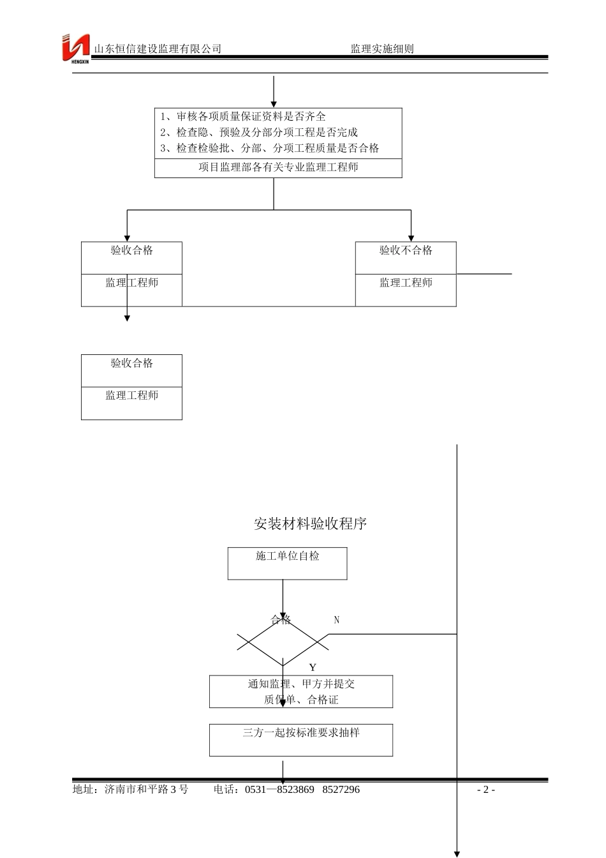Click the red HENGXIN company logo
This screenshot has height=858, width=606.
point(75,48)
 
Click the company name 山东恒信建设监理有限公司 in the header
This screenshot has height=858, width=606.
point(158,49)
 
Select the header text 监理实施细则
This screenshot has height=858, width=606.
point(382,49)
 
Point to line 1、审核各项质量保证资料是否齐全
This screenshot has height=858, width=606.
point(243,116)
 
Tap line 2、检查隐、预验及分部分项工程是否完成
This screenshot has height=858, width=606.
point(259,132)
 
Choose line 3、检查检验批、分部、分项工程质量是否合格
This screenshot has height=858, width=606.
point(269,148)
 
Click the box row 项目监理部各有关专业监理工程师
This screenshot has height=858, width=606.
point(278,167)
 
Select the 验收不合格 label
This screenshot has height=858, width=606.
point(406,250)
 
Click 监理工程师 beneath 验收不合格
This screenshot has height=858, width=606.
point(406,283)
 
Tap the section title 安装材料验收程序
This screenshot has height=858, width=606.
point(310,524)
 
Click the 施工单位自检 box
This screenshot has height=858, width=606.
point(287,557)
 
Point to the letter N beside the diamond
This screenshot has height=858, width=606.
point(337,620)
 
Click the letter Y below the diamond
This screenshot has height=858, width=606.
point(313,668)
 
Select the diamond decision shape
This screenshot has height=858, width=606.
point(283,642)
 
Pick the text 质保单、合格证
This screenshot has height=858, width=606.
point(301,700)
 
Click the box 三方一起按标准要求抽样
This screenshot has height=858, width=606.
point(301,733)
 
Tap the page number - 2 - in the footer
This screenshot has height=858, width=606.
point(486,790)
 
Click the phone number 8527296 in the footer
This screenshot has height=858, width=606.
point(341,790)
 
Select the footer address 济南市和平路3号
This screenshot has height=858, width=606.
point(146,790)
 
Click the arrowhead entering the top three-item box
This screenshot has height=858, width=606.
point(274,104)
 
